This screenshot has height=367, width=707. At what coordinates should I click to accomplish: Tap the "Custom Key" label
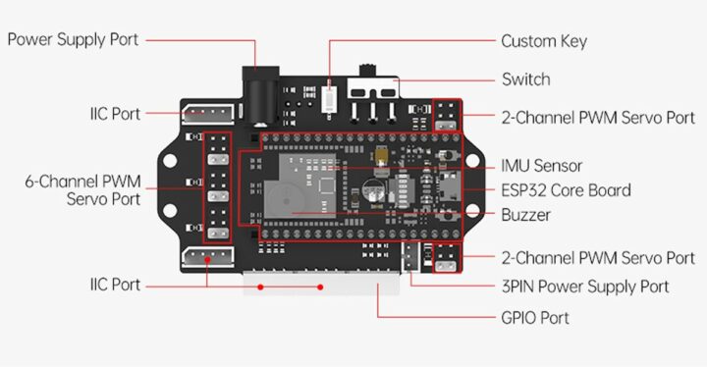click(543, 41)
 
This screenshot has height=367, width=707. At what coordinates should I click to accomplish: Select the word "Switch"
click(525, 79)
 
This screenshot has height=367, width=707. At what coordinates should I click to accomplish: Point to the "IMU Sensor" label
click(541, 166)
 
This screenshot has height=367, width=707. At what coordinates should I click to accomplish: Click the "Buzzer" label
click(525, 215)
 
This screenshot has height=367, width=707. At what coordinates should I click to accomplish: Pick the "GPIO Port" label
click(534, 318)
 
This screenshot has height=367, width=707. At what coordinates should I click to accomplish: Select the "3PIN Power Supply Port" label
click(584, 286)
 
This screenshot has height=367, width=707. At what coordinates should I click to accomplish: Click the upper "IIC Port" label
click(114, 114)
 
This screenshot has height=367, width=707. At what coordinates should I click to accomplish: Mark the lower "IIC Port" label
click(114, 285)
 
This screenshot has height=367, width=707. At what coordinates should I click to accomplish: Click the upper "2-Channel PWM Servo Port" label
click(597, 117)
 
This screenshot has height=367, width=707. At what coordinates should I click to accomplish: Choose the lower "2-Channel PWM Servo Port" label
click(597, 258)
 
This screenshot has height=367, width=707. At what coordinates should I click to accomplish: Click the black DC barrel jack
click(259, 95)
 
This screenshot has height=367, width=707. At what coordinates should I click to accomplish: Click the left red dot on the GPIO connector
click(260, 288)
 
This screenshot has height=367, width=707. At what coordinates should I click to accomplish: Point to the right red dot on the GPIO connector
click(320, 288)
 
